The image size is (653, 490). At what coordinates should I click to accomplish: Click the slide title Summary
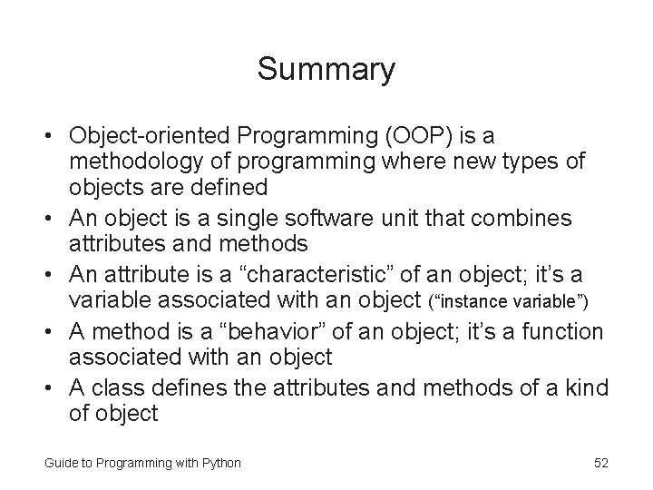(326, 69)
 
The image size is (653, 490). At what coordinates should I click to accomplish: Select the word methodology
(136, 162)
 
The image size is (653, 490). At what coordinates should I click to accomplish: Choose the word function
(560, 332)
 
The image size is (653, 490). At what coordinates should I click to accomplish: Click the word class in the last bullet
(116, 389)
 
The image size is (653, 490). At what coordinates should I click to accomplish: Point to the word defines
(189, 389)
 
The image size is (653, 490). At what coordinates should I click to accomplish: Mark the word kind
(585, 389)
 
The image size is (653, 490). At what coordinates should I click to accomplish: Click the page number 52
(600, 463)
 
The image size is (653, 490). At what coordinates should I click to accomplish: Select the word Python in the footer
(220, 463)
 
